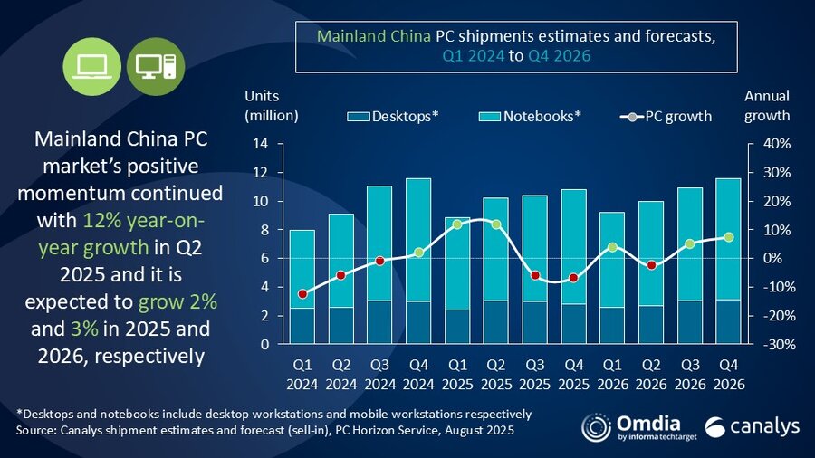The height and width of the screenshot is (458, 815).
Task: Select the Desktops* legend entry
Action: click(x=394, y=116)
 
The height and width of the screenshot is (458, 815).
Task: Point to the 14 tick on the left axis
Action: click(x=260, y=144)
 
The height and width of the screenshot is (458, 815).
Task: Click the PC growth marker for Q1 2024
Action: click(x=303, y=293)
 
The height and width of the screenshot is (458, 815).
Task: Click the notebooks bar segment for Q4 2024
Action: click(x=417, y=240)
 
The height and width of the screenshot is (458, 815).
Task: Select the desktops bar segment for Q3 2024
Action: click(x=379, y=322)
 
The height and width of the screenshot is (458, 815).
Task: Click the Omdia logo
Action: click(x=630, y=426)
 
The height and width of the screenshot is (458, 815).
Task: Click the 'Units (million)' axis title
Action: click(x=271, y=105)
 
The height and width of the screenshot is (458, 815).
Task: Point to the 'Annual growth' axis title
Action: click(x=767, y=105)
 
